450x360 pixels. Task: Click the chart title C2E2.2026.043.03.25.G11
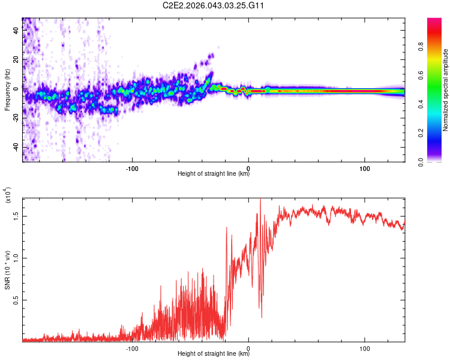(214, 5)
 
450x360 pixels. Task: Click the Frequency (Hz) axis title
(7, 90)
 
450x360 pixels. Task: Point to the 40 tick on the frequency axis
(17, 32)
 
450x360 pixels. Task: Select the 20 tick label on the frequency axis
(17, 61)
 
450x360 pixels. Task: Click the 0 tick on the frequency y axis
(17, 89)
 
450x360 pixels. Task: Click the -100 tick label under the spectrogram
(133, 167)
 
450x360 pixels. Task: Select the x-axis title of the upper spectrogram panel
(214, 174)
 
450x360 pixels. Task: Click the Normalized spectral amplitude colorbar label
(446, 90)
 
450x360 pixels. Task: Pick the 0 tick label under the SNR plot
(249, 347)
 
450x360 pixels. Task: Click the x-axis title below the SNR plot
(214, 354)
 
